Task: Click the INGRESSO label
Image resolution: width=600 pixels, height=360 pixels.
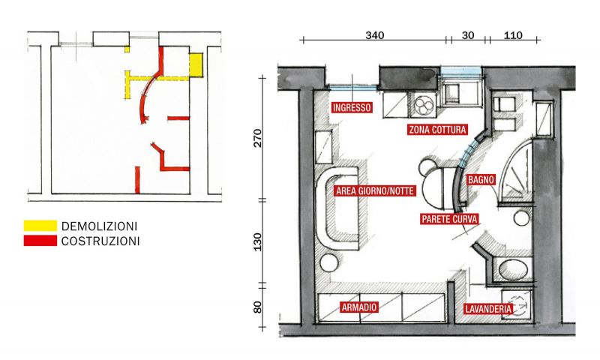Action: point(352,107)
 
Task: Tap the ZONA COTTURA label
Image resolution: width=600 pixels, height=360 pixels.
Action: point(438,130)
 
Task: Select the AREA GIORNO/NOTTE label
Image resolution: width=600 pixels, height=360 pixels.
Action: point(375,190)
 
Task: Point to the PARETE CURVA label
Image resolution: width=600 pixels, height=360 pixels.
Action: point(449,219)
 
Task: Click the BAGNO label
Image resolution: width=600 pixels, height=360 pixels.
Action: point(481,179)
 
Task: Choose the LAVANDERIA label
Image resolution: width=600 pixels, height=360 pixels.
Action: point(488,309)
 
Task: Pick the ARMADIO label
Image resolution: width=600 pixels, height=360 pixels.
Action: point(359,307)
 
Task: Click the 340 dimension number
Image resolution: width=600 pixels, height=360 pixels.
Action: point(374,35)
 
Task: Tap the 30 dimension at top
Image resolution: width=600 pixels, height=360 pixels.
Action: point(467,35)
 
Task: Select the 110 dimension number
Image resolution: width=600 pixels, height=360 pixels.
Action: point(513,35)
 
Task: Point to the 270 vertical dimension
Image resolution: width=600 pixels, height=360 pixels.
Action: point(258,138)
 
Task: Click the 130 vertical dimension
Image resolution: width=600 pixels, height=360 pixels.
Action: point(258,241)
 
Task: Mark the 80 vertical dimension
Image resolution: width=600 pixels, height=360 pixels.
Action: point(258,307)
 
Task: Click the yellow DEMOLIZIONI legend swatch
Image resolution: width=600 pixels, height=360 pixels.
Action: point(40,226)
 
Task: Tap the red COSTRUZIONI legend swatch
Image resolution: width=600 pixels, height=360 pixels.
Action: point(40,241)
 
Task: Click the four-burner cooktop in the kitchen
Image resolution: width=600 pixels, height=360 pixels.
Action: point(424,105)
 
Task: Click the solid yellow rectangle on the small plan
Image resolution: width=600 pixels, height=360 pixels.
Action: point(196,64)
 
